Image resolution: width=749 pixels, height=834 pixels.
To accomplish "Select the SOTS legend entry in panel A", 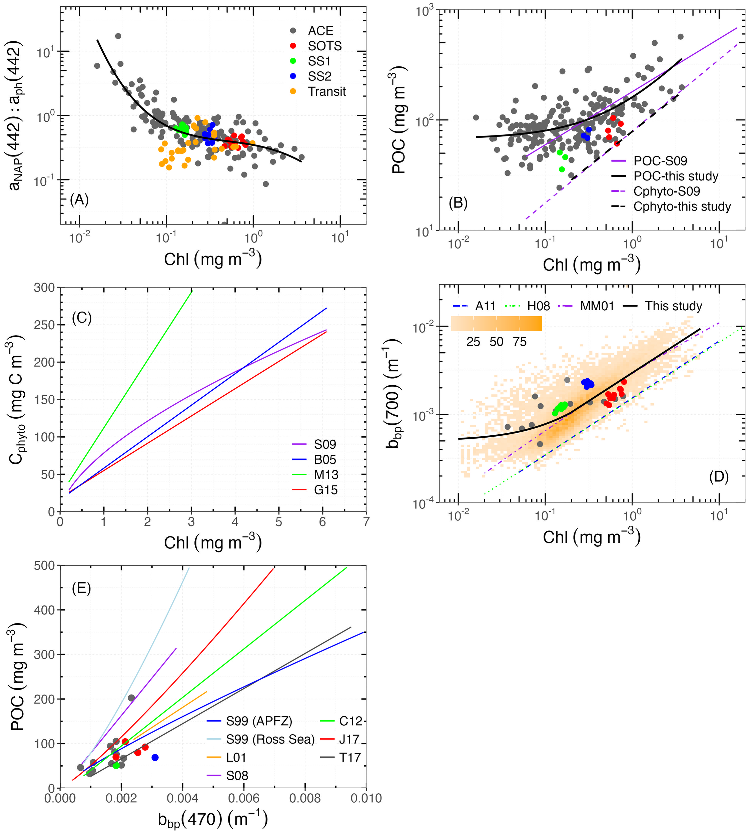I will [324, 46].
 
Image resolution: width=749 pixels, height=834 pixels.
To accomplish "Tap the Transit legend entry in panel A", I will [327, 91].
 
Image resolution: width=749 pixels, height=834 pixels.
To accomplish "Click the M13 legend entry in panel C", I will [326, 475].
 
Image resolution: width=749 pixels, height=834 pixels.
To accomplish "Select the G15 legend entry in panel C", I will [325, 490].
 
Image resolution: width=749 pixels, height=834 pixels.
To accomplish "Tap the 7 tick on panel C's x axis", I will [366, 522].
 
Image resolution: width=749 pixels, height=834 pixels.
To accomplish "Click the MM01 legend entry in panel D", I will [597, 306].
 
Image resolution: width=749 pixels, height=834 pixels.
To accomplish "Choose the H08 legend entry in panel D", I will [538, 306].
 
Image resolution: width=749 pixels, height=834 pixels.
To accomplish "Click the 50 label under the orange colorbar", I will [496, 342].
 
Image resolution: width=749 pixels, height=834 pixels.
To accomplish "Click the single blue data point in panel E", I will [155, 757].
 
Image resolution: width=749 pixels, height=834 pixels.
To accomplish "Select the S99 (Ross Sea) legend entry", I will [270, 739].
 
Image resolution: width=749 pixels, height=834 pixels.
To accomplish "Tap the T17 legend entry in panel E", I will [349, 757].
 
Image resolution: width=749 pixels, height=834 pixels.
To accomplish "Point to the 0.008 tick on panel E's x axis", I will [305, 799].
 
